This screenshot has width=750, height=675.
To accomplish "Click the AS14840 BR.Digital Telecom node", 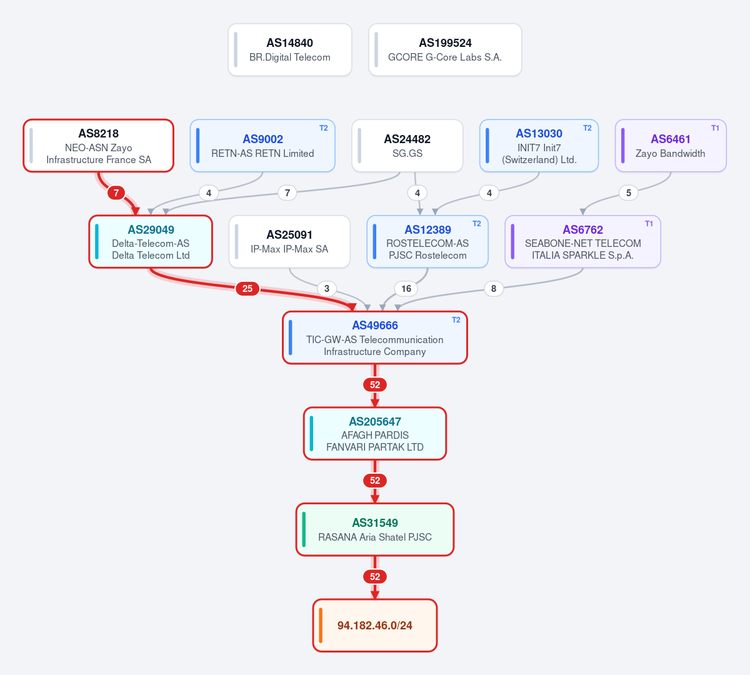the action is (290, 50).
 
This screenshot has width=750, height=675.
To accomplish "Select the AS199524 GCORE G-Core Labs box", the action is (445, 50).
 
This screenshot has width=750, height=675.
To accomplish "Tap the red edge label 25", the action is (247, 289).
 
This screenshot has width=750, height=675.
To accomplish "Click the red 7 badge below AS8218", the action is (116, 193).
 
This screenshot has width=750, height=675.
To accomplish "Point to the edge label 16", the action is (406, 289).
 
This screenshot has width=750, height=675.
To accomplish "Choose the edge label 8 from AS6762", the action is (494, 289).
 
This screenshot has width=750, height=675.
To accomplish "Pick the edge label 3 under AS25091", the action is (327, 289).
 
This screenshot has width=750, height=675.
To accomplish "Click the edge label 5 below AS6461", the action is (629, 193).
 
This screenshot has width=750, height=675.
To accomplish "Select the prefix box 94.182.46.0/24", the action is (375, 625).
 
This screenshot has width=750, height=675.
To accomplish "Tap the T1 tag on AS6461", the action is (715, 128).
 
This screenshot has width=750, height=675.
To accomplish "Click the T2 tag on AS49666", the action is (456, 320).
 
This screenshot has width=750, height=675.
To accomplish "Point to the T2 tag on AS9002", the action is (323, 128).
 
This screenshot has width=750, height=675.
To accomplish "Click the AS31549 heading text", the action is (375, 522).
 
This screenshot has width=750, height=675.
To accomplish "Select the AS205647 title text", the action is (375, 422).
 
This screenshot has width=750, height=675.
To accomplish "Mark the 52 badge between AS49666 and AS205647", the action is (375, 385).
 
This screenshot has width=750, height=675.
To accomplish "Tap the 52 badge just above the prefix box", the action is (375, 577).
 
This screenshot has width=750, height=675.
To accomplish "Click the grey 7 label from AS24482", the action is (287, 193).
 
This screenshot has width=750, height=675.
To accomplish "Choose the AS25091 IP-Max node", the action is (289, 242).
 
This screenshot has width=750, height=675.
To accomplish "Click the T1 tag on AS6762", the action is (649, 224).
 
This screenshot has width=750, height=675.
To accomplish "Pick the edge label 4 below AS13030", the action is (489, 193).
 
